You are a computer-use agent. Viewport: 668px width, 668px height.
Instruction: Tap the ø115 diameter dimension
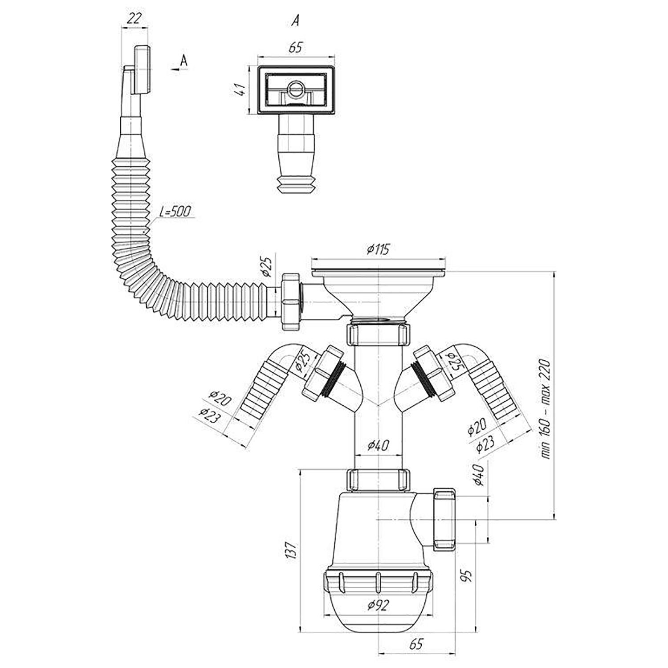coord(378,249)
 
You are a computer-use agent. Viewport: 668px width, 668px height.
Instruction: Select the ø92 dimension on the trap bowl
coord(379,605)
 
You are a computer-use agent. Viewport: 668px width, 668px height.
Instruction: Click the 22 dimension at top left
coord(134,18)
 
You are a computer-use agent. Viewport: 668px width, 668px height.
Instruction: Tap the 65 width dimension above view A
coord(296,47)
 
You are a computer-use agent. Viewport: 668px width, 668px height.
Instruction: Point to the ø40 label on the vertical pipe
coord(379,444)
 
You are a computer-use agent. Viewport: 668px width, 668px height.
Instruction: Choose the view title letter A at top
coord(295,20)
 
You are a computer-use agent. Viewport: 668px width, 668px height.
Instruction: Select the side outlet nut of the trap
coord(444,519)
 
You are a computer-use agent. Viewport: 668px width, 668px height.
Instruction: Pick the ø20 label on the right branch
coord(477,427)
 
